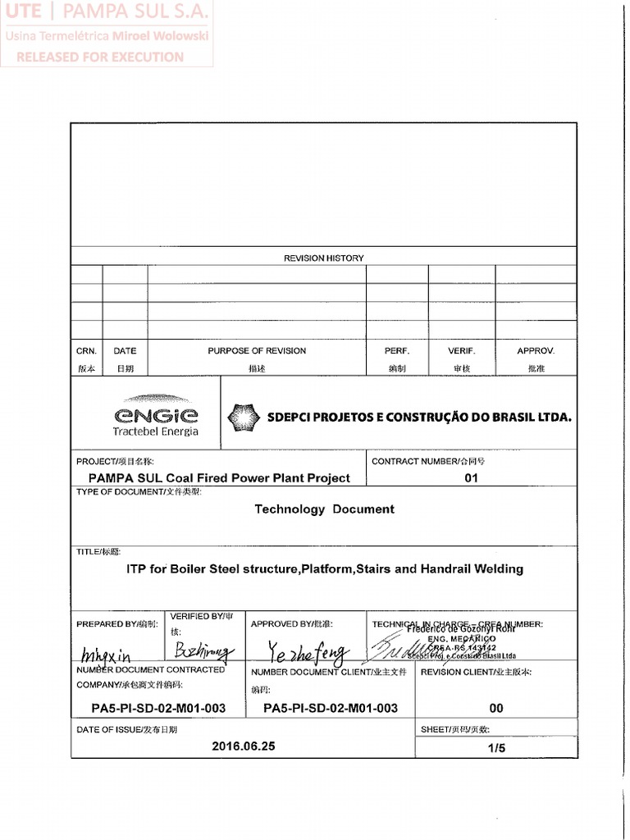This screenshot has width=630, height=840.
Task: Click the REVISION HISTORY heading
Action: pos(323,258)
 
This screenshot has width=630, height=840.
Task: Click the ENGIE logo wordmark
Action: pos(156,415)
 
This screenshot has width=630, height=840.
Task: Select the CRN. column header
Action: pos(86,350)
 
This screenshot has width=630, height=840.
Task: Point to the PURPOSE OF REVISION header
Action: pos(257,350)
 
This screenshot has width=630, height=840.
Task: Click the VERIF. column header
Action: pos(461,350)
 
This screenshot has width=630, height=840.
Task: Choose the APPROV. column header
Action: pos(536,350)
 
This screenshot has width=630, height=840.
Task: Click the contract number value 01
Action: pos(471,477)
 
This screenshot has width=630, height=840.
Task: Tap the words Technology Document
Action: pos(324,509)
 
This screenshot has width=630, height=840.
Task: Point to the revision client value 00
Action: pos(496,708)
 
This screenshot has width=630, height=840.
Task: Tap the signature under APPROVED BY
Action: pos(308,653)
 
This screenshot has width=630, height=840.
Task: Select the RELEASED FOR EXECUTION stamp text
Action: pos(100,57)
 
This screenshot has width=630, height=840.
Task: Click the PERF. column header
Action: pos(396,350)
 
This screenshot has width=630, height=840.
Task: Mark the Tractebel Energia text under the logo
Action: pos(155,431)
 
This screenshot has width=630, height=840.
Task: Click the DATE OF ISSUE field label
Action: pos(126,729)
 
